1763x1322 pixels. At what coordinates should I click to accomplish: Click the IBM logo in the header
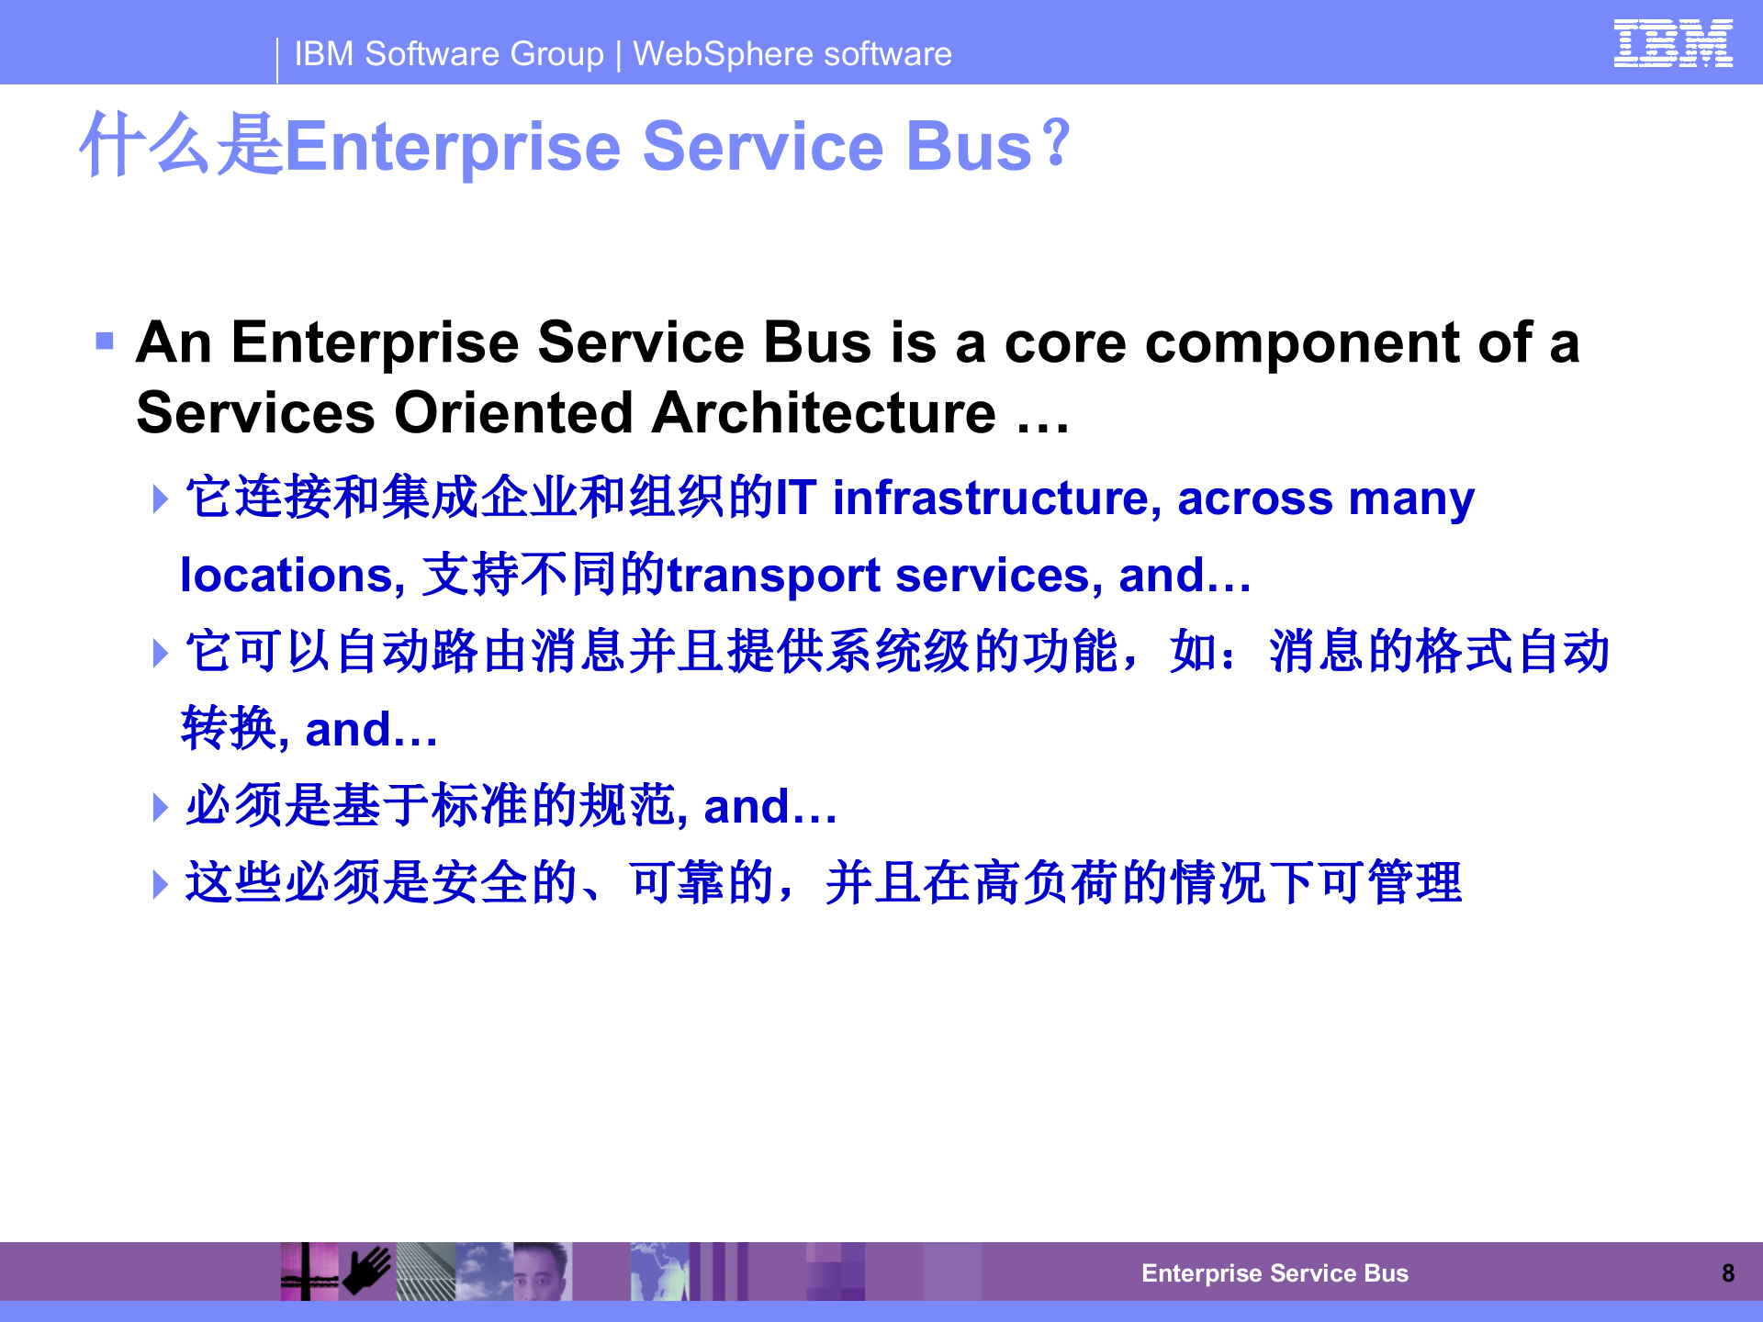coord(1672,43)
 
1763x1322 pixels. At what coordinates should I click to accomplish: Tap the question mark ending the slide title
coord(1058,142)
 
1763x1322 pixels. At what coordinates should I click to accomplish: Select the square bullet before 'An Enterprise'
coord(105,342)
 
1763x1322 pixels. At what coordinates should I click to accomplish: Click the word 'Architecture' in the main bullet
coord(824,412)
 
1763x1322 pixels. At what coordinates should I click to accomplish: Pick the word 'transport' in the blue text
coord(774,576)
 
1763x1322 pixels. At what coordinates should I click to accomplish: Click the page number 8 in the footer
coord(1728,1273)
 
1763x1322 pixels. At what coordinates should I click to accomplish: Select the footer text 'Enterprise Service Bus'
coord(1275,1273)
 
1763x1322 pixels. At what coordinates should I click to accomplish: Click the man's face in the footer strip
coord(541,1272)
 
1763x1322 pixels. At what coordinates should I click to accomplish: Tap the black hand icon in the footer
coord(367,1271)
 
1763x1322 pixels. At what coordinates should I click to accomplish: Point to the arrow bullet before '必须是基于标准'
coord(161,807)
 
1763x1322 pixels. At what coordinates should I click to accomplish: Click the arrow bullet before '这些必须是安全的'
coord(161,884)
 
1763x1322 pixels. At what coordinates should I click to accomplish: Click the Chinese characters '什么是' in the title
coord(181,145)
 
